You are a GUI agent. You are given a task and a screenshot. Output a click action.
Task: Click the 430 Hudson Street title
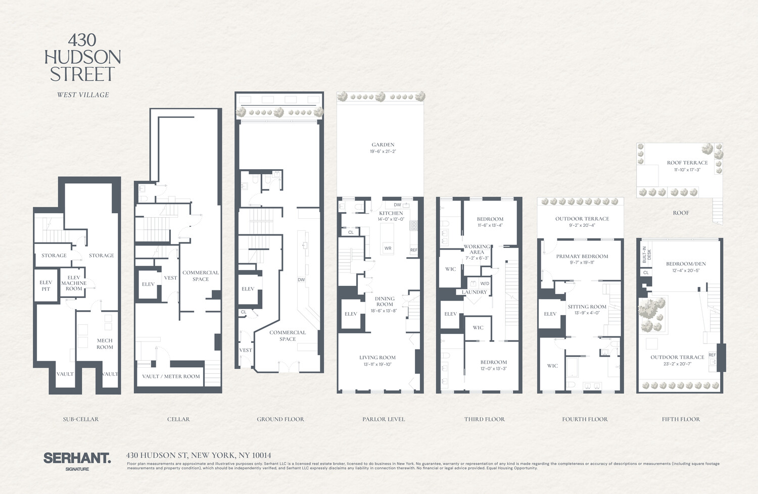(x=82, y=57)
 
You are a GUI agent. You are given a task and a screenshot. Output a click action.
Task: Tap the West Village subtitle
(x=83, y=94)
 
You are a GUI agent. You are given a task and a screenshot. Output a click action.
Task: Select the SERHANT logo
(x=77, y=459)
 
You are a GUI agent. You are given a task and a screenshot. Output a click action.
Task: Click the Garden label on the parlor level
(x=383, y=144)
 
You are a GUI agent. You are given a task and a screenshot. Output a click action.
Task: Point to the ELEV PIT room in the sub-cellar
(x=45, y=285)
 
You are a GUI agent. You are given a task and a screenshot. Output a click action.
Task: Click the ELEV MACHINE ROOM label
(x=74, y=283)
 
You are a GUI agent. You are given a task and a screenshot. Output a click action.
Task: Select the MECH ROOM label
(x=105, y=343)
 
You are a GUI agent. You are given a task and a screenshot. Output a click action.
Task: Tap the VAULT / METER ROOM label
(x=171, y=376)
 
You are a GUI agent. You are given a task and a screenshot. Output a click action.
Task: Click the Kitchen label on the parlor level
(x=391, y=213)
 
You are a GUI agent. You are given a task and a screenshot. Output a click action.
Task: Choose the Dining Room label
(x=385, y=301)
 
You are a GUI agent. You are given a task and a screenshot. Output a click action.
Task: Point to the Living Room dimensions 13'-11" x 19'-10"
(x=377, y=364)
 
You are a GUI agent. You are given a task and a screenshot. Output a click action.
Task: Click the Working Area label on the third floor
(x=477, y=249)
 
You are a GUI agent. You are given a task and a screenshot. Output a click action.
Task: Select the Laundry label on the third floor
(x=474, y=292)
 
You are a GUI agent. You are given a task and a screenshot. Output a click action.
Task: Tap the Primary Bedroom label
(x=582, y=256)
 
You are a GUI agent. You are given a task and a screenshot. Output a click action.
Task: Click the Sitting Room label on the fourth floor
(x=587, y=307)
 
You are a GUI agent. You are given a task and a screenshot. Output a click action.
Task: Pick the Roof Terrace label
(x=687, y=163)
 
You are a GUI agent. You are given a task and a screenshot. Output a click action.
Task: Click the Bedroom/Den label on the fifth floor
(x=686, y=264)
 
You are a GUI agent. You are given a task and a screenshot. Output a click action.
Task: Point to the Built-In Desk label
(x=647, y=255)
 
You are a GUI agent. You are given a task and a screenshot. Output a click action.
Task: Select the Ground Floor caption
(x=280, y=419)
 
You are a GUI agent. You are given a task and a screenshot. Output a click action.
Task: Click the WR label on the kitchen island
(x=388, y=248)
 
